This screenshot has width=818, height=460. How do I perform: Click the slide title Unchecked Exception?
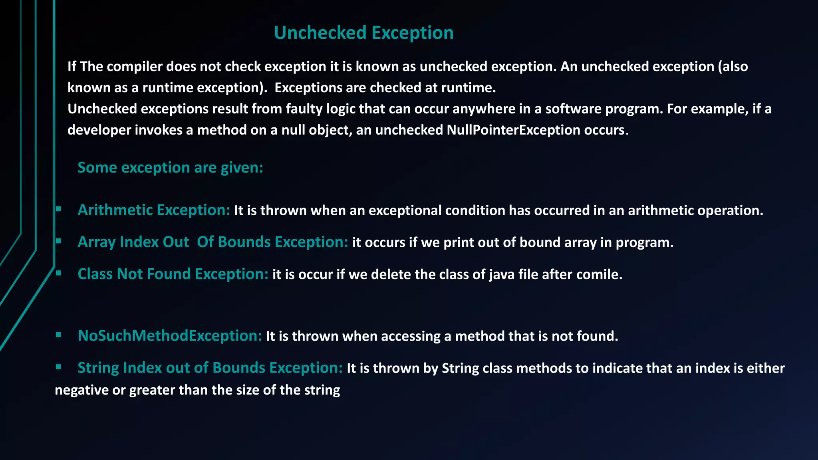point(363,33)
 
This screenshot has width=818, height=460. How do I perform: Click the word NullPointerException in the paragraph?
point(513,130)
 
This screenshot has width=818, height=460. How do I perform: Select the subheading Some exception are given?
point(170,168)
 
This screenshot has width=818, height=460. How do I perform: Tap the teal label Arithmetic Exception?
point(154,210)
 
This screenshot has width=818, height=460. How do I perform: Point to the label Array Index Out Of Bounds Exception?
point(212,242)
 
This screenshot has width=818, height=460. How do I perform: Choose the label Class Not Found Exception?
point(173,274)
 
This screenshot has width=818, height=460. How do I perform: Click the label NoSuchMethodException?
point(170,336)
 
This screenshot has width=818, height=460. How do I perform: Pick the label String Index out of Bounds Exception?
point(210,368)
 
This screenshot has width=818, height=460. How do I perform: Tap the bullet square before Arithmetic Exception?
point(58,208)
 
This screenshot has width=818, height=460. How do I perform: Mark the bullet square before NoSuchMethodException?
point(58,335)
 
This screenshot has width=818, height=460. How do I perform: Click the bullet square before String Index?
point(58,367)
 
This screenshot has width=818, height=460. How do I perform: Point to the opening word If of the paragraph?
point(71,67)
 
